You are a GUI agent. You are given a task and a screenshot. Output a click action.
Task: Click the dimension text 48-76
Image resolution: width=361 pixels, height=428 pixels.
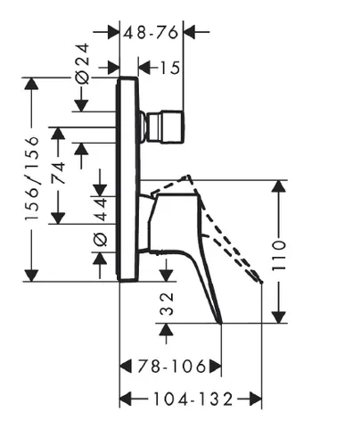click(151, 32)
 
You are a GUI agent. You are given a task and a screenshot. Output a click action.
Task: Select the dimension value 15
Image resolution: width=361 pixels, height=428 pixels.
click(170, 68)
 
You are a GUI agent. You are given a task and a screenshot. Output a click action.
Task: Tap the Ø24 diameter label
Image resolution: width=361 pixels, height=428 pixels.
click(82, 63)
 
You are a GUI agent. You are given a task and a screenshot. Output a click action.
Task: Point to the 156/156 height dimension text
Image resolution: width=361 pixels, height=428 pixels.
click(32, 178)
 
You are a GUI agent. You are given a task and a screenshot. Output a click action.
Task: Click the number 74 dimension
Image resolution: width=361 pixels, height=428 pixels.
click(58, 173)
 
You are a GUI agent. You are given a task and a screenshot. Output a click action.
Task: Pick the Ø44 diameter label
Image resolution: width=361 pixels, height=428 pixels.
click(101, 221)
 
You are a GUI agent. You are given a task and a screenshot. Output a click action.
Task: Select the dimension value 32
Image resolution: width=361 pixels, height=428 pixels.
click(167, 303)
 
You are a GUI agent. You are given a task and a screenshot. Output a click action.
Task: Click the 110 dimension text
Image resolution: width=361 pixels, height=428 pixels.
click(279, 255)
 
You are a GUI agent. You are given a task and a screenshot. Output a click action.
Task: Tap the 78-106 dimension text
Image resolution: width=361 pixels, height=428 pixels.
click(171, 366)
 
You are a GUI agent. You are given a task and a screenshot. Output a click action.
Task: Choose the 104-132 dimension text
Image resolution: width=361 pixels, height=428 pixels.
click(193, 399)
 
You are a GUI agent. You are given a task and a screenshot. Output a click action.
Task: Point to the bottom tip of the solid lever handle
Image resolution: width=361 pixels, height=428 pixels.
click(221, 323)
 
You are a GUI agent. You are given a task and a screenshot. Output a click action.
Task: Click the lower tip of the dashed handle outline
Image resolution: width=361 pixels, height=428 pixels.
click(261, 282)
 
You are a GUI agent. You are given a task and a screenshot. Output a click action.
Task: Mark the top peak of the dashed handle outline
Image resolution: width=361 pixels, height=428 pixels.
click(188, 176)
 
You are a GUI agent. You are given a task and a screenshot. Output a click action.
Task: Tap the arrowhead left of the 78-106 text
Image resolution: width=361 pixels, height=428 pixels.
click(126, 366)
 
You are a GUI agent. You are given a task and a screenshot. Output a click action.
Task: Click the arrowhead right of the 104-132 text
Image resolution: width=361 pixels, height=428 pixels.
click(256, 399)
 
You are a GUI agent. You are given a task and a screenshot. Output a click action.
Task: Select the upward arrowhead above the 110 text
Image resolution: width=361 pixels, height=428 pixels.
click(279, 186)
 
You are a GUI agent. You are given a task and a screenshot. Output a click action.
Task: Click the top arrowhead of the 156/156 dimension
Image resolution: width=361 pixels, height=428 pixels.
click(31, 84)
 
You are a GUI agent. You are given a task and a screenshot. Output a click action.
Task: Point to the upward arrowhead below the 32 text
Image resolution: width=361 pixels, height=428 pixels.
click(167, 329)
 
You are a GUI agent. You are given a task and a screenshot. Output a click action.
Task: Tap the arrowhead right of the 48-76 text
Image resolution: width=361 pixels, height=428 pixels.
click(189, 31)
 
